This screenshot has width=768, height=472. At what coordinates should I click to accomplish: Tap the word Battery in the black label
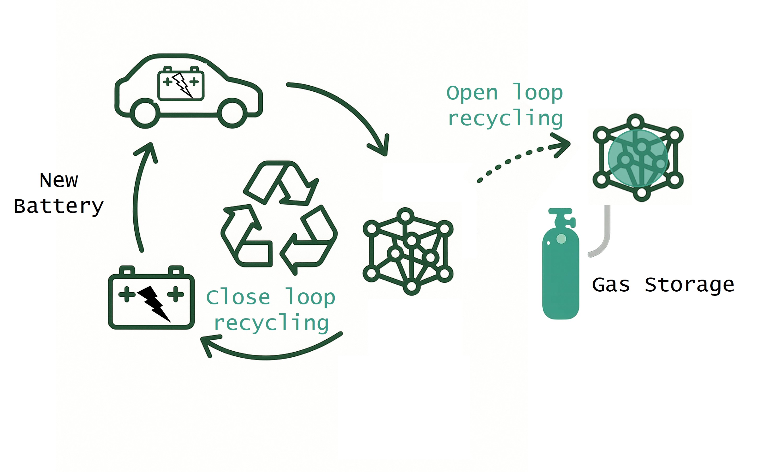coord(59,206)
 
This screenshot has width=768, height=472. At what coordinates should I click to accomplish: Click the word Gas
coord(611,285)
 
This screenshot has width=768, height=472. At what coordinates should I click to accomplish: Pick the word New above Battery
coord(59,180)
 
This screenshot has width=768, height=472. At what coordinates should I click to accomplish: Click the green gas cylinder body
coord(560,278)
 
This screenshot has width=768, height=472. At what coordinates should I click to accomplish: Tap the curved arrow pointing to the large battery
coord(265,354)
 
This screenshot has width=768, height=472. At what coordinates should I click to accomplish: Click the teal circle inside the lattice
coord(638,158)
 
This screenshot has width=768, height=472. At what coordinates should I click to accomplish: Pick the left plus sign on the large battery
coord(127,294)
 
